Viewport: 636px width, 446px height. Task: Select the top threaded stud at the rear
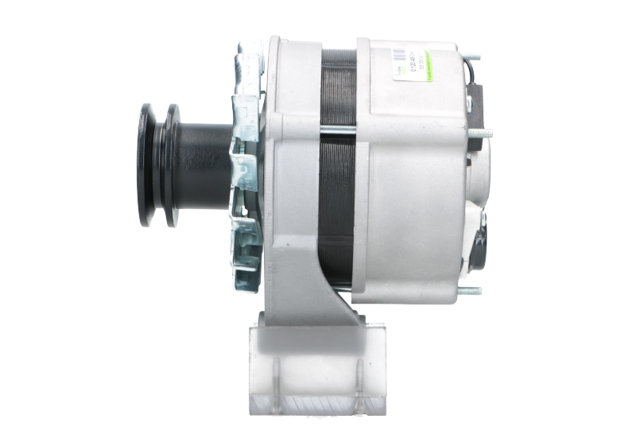click(x=474, y=58)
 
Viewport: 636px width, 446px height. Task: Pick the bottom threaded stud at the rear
click(x=472, y=290)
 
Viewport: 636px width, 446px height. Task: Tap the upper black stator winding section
click(x=337, y=87)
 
